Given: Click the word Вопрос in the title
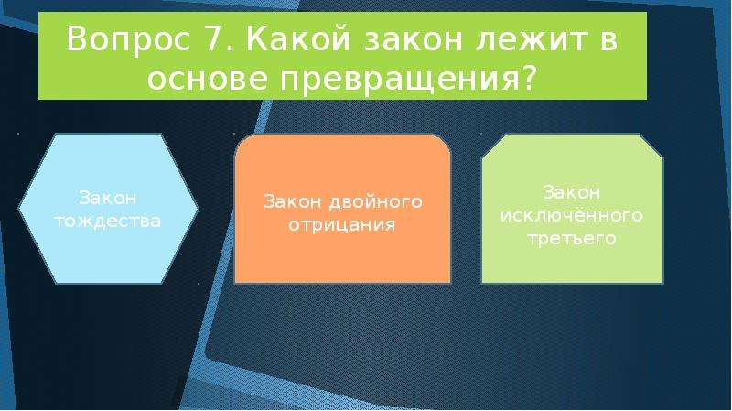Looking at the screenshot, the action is [x=128, y=39].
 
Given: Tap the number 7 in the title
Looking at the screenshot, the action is [x=213, y=38].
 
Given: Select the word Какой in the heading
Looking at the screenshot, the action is [x=297, y=38].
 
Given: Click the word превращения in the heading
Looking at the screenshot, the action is [x=400, y=81].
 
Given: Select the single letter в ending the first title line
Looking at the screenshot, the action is [x=608, y=41].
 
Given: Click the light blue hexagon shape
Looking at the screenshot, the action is [x=108, y=209].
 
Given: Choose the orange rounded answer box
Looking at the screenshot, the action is [x=342, y=209].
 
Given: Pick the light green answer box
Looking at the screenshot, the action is [x=573, y=209].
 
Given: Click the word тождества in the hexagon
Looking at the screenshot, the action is [x=108, y=221].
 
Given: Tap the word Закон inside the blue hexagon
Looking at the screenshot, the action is [x=107, y=198].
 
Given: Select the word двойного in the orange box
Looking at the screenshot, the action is [x=376, y=202].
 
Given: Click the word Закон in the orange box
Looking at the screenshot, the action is [x=293, y=201].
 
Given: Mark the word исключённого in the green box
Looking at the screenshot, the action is [x=572, y=215].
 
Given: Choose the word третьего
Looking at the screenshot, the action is [x=572, y=240].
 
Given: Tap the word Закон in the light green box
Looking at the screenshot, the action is [x=571, y=192].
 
